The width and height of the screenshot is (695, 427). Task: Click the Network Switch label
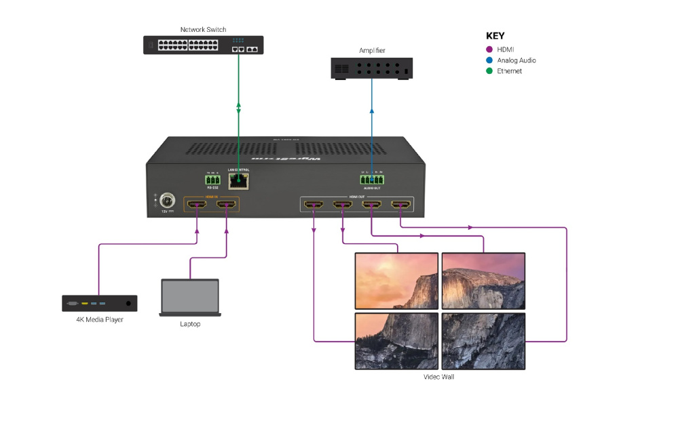coord(203,30)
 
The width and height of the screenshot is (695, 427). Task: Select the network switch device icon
coord(203,45)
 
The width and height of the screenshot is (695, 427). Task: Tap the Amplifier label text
coord(372,51)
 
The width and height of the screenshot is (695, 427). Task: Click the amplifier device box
coord(372,68)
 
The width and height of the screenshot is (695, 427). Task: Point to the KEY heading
coord(495,36)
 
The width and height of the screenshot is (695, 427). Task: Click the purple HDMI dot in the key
coord(489,49)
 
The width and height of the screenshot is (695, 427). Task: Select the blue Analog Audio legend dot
coord(489,60)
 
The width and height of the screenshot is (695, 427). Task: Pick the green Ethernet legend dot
coord(489,71)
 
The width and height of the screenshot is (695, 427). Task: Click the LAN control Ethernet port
coord(239,180)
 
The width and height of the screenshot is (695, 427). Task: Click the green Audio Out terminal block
coord(372,180)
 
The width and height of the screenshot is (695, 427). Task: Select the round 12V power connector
coord(168,201)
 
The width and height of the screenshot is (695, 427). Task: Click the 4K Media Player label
coord(100,319)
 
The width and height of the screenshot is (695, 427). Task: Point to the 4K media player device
coord(100,303)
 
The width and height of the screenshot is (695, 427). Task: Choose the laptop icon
coord(190,298)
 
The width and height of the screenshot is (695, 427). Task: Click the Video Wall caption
coord(438,377)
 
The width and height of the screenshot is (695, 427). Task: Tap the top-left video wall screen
coord(397,281)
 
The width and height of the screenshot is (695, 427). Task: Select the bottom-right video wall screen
coord(483,340)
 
